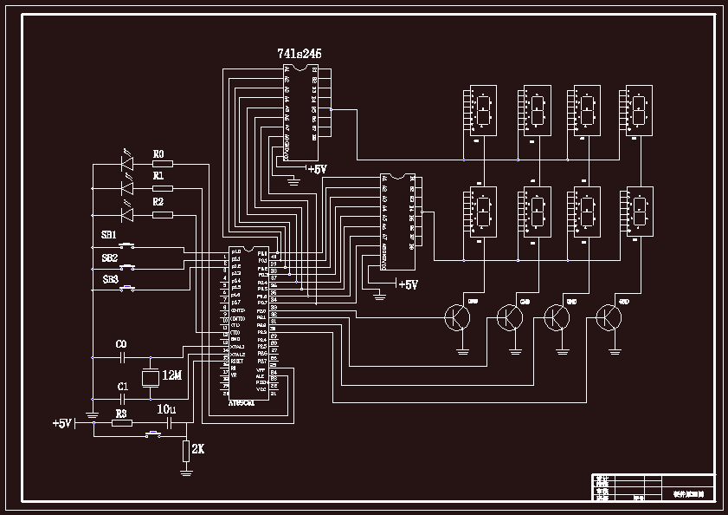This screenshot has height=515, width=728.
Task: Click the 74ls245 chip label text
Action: tap(300, 54)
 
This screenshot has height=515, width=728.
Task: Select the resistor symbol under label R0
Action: tap(162, 163)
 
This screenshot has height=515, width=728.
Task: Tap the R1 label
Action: tap(158, 175)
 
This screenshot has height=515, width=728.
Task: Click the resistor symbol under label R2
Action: tap(162, 214)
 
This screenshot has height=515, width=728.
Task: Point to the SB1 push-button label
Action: tap(109, 235)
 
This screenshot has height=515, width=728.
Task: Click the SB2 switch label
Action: tap(110, 257)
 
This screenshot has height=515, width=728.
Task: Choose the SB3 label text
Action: tap(111, 279)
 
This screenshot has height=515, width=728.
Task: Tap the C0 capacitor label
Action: tap(121, 344)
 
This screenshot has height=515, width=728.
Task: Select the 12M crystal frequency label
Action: tap(172, 375)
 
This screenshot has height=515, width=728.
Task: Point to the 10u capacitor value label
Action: tap(166, 409)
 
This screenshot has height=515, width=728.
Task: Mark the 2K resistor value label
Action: tap(197, 449)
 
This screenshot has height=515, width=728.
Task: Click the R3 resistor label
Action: tap(121, 414)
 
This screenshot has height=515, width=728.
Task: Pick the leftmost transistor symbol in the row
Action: tap(457, 318)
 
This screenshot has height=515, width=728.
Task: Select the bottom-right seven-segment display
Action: tap(640, 211)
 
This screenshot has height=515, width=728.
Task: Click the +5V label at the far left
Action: tap(61, 424)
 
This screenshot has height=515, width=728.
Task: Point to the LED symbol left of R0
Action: tap(127, 162)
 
